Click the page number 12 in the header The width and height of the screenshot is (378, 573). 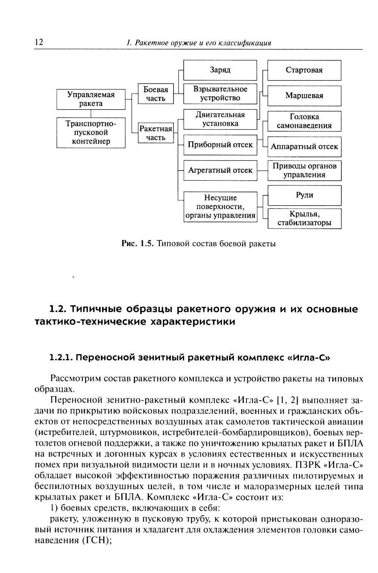39,42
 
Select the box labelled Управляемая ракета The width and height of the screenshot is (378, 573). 91,99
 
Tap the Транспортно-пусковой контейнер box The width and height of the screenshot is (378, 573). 91,133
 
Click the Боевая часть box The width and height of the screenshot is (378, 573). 155,94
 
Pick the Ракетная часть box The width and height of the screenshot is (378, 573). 155,133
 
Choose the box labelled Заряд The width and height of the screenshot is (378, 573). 220,70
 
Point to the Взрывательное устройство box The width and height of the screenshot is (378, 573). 220,94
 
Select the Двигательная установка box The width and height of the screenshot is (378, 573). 220,119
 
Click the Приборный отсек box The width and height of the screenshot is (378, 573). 220,145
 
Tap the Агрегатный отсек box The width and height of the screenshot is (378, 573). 220,170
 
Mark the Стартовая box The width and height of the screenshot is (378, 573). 304,70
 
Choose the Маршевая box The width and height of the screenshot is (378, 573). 304,96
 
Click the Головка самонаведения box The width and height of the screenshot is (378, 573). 304,121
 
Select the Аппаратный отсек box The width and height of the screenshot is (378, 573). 304,147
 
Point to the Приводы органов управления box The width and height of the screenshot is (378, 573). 304,170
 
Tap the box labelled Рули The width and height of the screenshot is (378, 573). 304,195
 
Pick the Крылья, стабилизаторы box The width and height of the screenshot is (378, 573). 304,218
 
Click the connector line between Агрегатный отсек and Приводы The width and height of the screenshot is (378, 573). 262,170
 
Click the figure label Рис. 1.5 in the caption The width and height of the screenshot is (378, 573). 137,244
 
